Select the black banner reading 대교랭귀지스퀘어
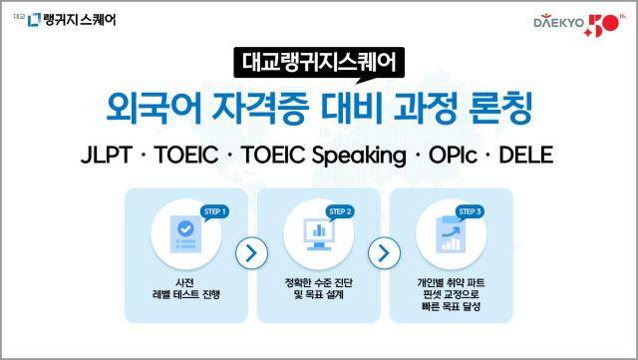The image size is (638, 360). (x=318, y=62)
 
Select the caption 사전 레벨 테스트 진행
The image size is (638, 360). (x=185, y=289)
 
